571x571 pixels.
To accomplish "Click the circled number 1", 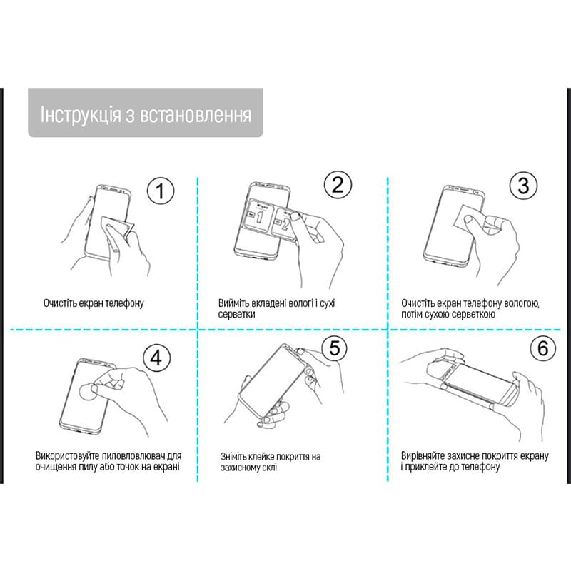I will (x=161, y=191).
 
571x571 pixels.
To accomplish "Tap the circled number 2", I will (x=338, y=186).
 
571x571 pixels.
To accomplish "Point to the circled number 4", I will (x=157, y=355).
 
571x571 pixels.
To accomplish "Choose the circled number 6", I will (x=542, y=349).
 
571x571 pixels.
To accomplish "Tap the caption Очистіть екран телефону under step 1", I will (x=94, y=303).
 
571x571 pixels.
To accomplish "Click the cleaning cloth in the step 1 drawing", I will (x=117, y=226).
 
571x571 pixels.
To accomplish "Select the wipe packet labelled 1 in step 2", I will (x=261, y=217).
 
